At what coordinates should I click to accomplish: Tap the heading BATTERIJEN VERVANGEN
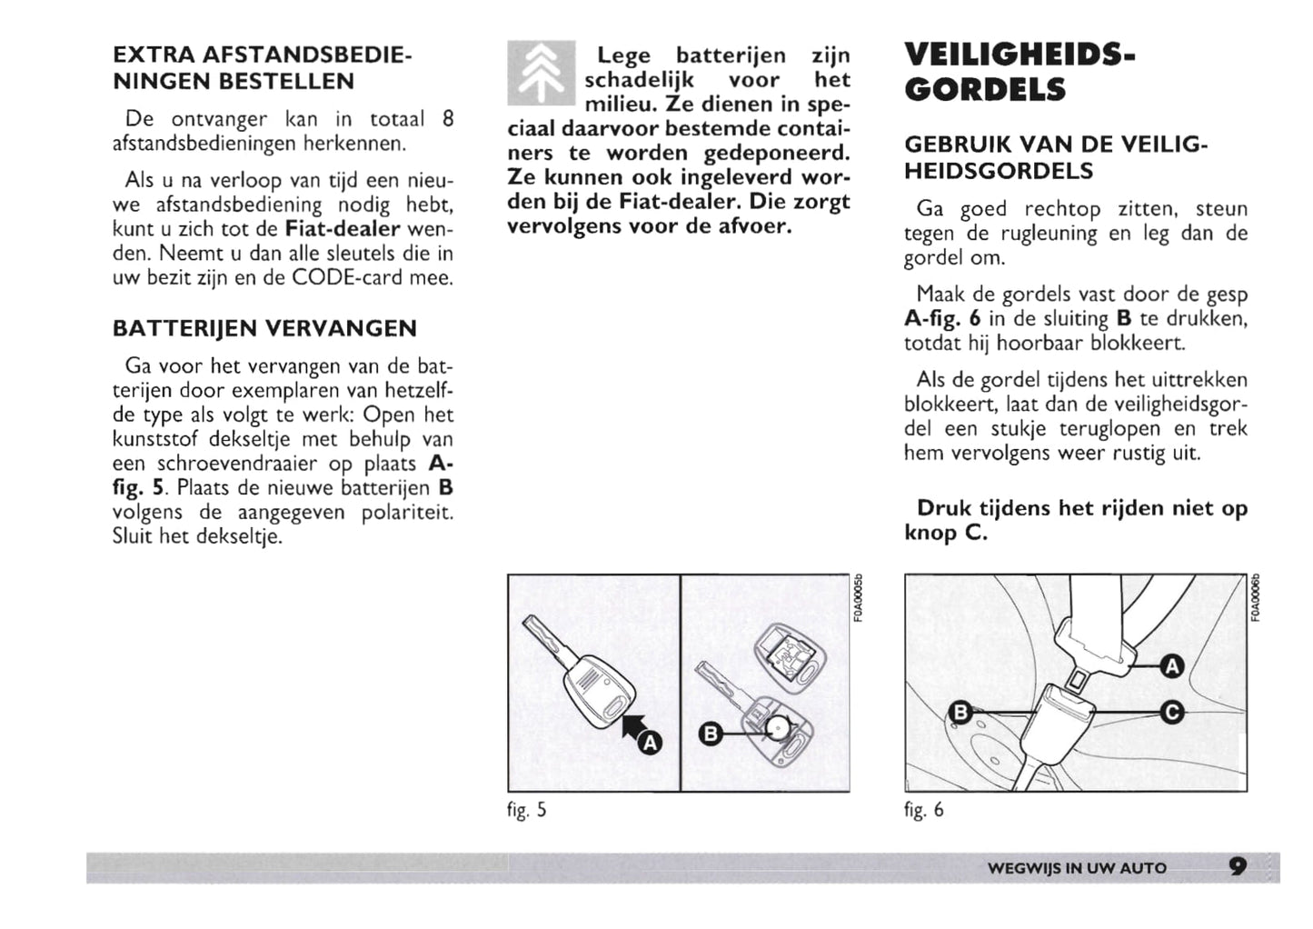click(x=264, y=328)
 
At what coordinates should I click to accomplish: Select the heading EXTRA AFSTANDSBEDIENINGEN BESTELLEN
click(x=262, y=68)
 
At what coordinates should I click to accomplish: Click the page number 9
click(x=1237, y=866)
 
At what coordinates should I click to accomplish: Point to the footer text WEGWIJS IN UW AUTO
click(x=1076, y=868)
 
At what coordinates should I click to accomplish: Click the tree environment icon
click(x=541, y=73)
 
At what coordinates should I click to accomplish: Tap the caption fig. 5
click(x=526, y=809)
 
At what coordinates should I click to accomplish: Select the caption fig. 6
click(x=923, y=809)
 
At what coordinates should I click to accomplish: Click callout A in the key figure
click(x=651, y=744)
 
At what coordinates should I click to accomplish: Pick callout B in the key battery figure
click(x=711, y=734)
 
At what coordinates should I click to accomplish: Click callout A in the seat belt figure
click(x=1172, y=667)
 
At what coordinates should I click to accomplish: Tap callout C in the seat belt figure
click(x=1172, y=713)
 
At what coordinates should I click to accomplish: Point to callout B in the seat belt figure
click(x=960, y=713)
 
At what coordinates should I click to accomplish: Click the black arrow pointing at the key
click(x=632, y=726)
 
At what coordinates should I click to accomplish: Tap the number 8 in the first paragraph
click(x=447, y=119)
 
